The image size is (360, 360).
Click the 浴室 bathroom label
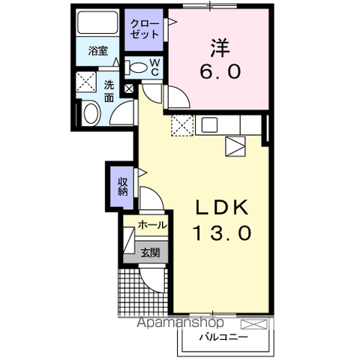point(98,52)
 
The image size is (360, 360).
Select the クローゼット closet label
point(145,29)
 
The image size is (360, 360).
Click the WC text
point(154,67)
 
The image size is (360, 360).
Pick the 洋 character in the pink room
point(218,47)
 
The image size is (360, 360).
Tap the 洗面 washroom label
point(109,91)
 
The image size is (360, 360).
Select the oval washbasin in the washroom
point(90,115)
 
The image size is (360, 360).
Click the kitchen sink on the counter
point(208,125)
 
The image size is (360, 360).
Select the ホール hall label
point(152,225)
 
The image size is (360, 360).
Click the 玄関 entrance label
point(151,253)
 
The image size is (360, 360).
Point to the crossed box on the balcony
point(254,325)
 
